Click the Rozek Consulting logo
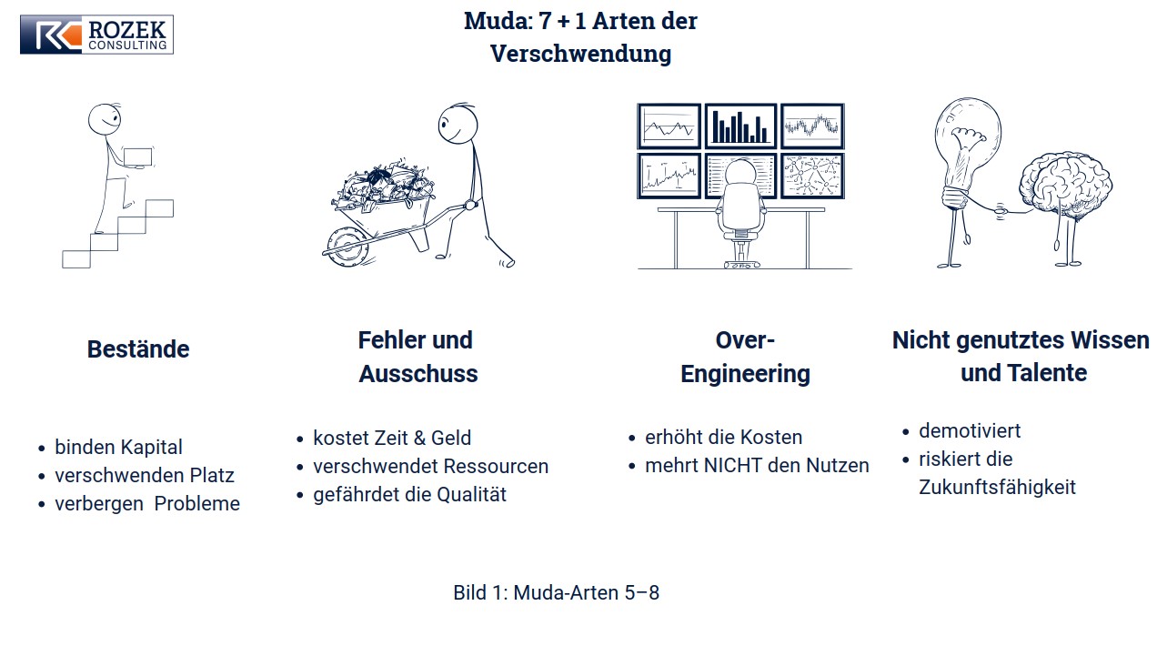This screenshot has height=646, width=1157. click(96, 34)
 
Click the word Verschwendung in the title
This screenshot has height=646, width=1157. click(580, 55)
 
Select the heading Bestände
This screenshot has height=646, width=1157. click(138, 348)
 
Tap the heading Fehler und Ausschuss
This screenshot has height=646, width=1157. click(418, 357)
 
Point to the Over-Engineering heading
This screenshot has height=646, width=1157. click(745, 357)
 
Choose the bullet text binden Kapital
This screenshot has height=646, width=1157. click(118, 447)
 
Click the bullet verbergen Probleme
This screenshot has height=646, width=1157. click(147, 503)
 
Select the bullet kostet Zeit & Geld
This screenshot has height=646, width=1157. click(392, 438)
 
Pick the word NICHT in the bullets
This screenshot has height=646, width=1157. click(736, 465)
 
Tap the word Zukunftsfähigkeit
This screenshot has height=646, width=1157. click(997, 488)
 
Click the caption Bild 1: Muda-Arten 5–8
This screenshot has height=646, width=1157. click(557, 592)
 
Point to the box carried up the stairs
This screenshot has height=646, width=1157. click(138, 157)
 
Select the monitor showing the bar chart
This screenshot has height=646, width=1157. click(740, 126)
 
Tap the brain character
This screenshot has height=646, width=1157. click(1065, 186)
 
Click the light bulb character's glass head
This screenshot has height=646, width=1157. click(967, 139)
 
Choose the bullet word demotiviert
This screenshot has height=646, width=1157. click(970, 431)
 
